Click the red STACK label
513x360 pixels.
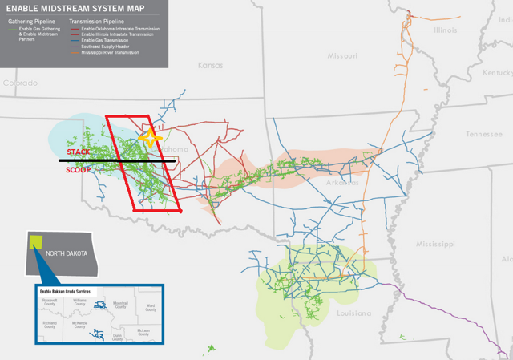pos(78,152)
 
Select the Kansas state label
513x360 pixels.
pos(210,65)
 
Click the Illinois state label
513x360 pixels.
pos(445,30)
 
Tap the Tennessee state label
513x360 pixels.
pos(483,134)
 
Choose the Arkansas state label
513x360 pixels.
pos(342,182)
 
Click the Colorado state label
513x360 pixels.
pos(20,83)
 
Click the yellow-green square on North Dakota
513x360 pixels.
pos(35,242)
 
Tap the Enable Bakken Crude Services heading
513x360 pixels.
pos(66,291)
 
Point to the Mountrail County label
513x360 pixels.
pos(120,305)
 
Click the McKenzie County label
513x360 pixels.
pos(79,325)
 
